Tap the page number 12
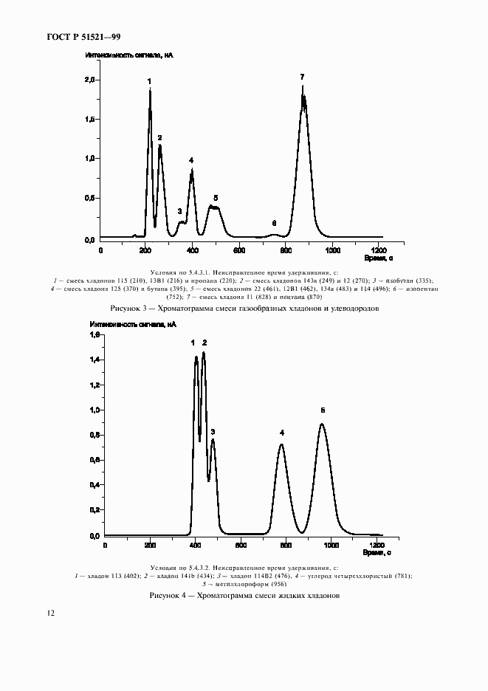[49, 613]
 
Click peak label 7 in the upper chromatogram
[302, 77]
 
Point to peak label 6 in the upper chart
[274, 222]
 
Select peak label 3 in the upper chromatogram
[179, 211]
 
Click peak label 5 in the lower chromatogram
[322, 410]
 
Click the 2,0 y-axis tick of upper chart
[90, 80]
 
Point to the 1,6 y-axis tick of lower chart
[94, 335]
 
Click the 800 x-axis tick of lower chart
[285, 545]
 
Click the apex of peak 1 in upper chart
[150, 90]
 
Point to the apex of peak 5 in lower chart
[322, 424]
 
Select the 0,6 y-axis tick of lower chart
[94, 460]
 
